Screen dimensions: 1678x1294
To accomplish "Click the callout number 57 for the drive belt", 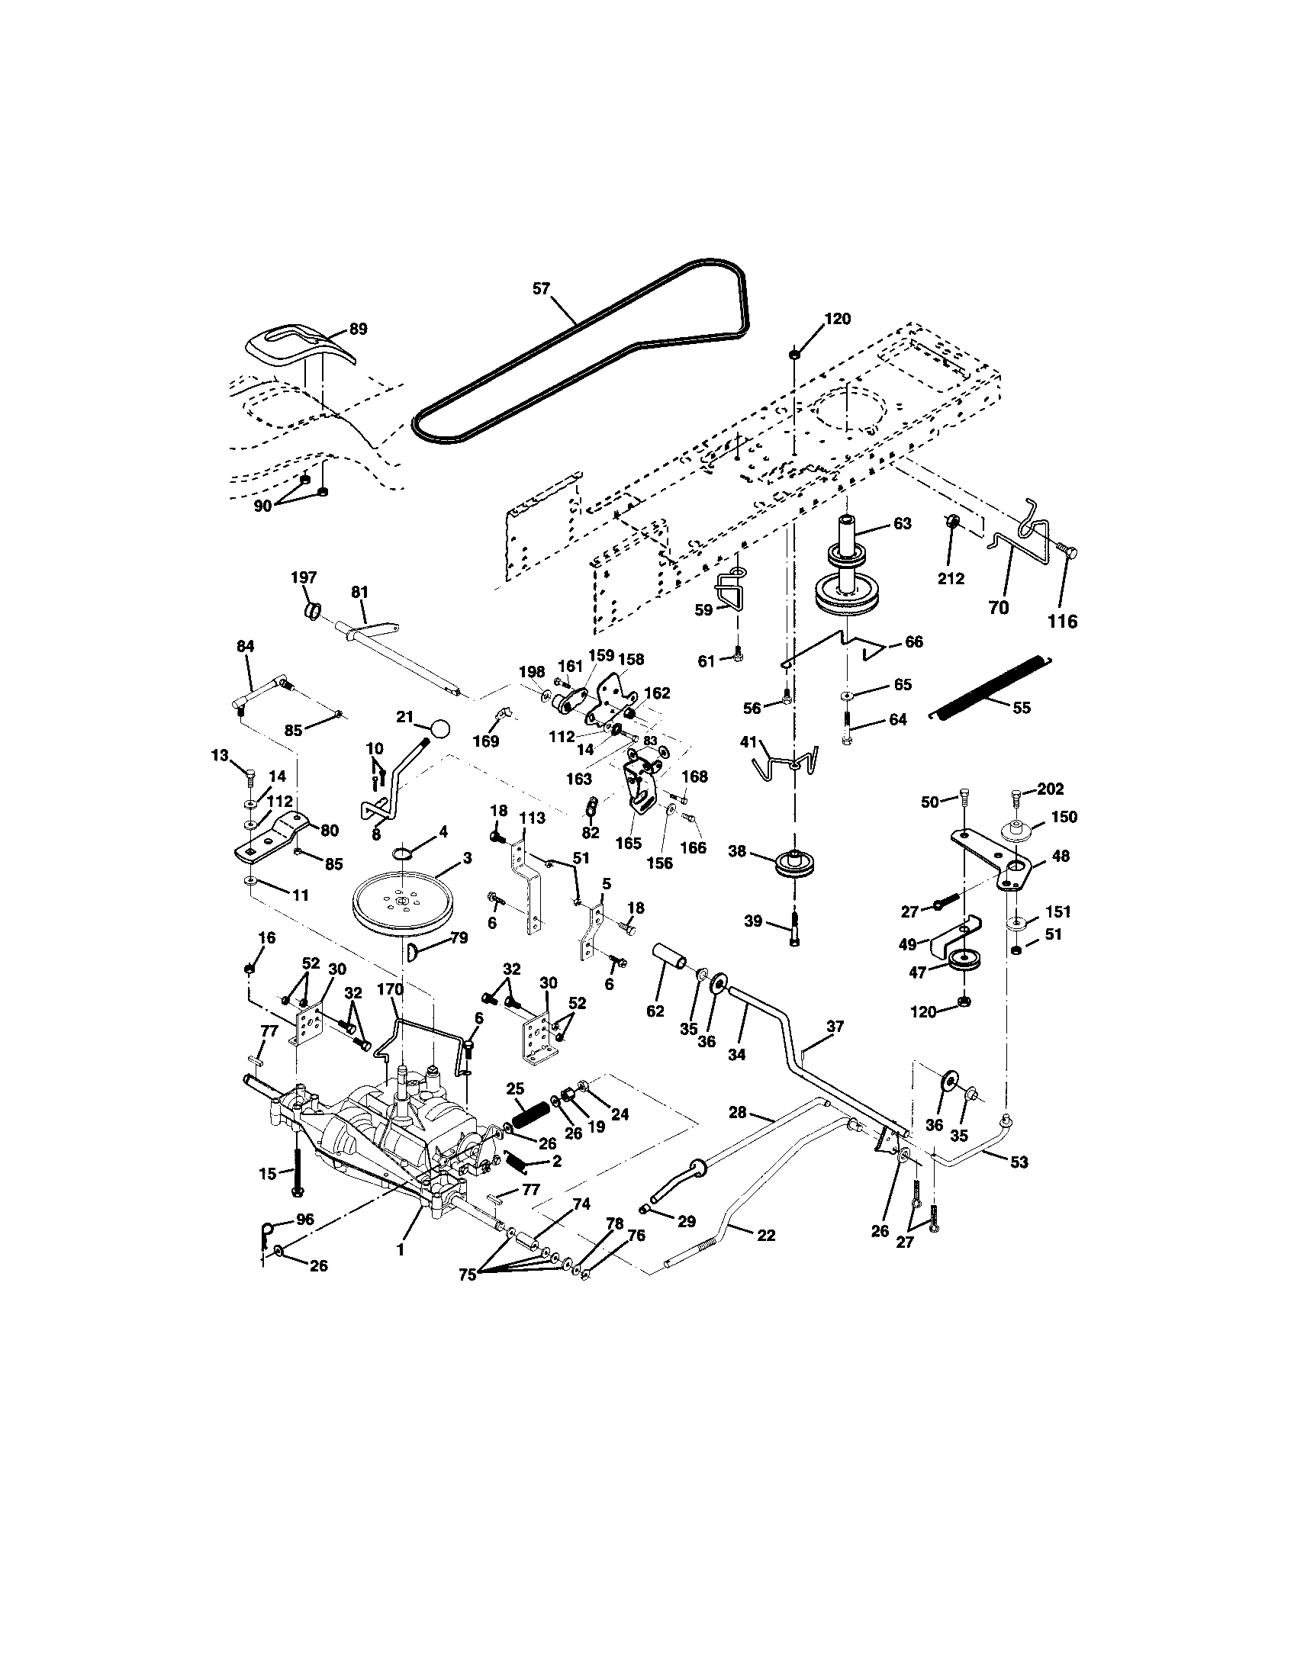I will pos(542,289).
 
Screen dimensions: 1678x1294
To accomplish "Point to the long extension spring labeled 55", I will pos(990,687).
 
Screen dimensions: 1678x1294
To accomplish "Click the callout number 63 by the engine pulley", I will pos(902,523).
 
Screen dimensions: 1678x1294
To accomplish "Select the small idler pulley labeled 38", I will pos(793,862).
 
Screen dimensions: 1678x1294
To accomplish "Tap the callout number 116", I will pos(1063,621).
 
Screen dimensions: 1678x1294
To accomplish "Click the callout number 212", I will pos(951,579).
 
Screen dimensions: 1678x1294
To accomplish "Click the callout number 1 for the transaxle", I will pos(400,1250).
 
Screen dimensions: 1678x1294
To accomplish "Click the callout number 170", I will pos(390,989).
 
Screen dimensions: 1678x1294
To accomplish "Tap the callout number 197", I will pos(304,577).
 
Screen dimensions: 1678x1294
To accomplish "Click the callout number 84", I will pos(245,647).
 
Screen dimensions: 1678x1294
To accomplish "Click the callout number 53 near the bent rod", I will pos(1018,1162).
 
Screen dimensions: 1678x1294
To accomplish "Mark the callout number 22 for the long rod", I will pos(765,1236).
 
